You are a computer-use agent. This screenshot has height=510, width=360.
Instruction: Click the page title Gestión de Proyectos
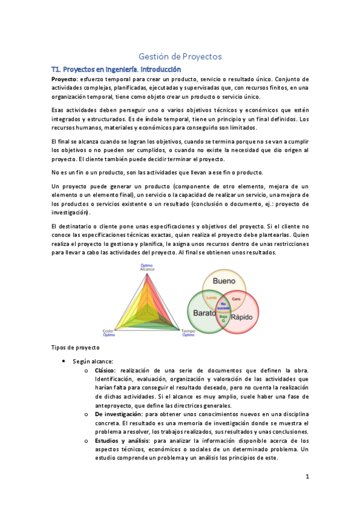point(180,56)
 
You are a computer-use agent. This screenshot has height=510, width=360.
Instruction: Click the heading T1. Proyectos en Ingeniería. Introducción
point(117,69)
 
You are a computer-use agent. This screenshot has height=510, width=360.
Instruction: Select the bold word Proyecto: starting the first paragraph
point(64,79)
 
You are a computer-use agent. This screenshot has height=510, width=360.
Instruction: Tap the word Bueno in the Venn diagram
point(224,281)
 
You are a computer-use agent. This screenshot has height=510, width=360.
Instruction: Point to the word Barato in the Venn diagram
point(205,314)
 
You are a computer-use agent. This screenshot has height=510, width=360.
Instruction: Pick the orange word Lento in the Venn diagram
point(211,298)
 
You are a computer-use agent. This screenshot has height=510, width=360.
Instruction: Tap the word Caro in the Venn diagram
point(236,298)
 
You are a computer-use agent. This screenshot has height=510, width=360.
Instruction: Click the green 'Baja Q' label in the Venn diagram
point(223,318)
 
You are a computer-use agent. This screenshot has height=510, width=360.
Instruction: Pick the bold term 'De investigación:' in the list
point(118,414)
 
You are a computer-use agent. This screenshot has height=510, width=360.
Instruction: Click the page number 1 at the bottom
point(307,476)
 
